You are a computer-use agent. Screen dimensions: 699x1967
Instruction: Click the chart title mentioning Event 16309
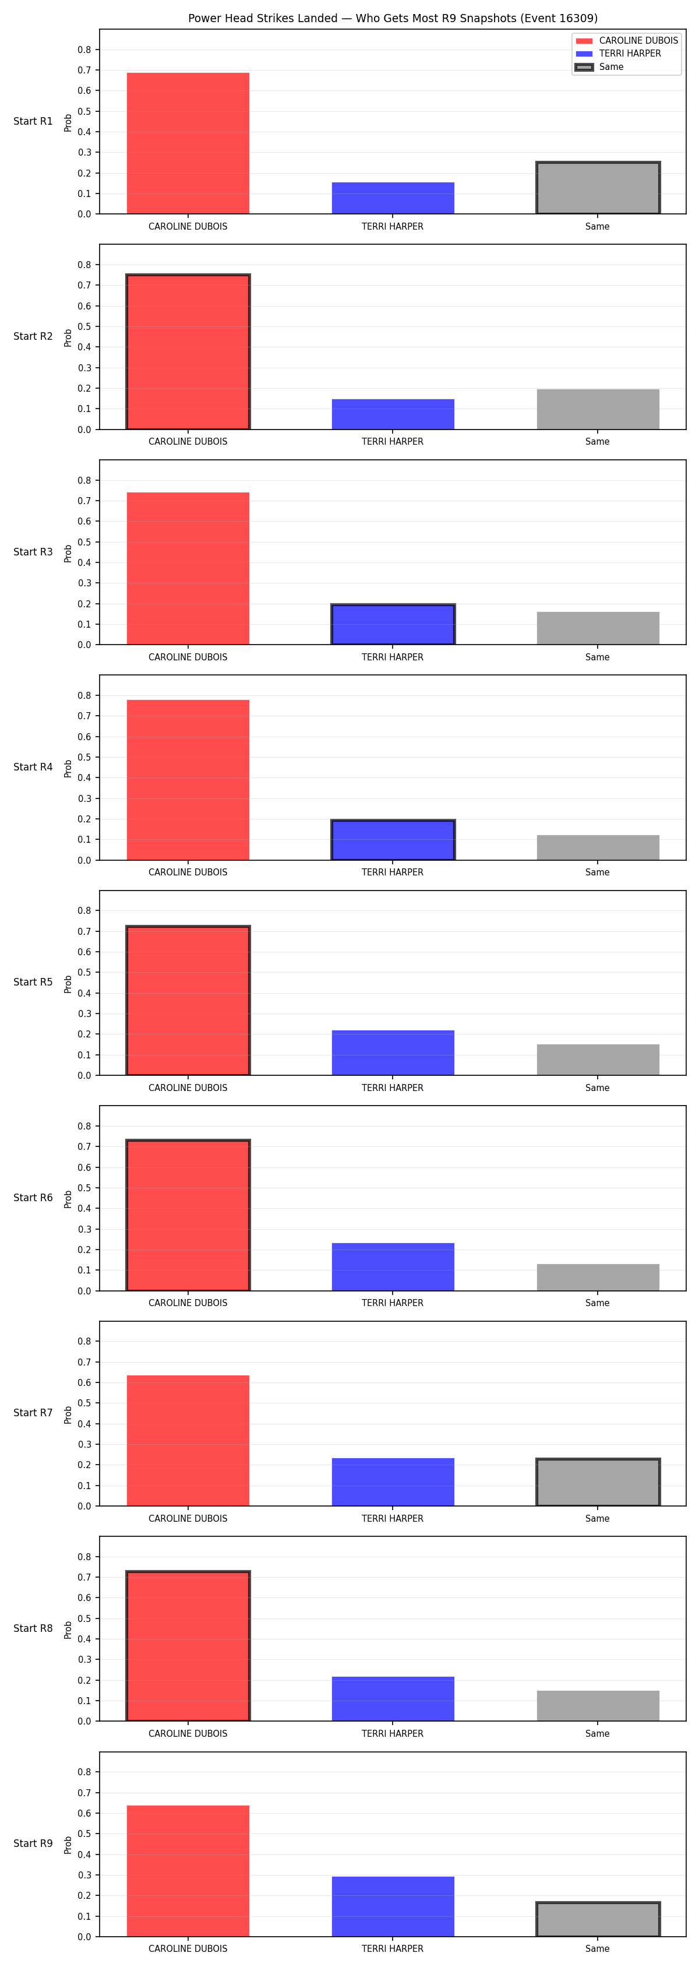click(x=393, y=18)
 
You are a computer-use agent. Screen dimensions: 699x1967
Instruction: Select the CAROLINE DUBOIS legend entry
click(x=627, y=40)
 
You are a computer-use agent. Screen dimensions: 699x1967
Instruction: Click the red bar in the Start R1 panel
click(x=188, y=143)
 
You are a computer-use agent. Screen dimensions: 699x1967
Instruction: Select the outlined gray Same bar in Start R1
click(x=598, y=188)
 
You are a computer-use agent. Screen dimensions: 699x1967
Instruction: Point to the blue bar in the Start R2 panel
click(x=393, y=414)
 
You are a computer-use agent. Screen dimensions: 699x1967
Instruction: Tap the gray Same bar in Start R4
click(x=598, y=847)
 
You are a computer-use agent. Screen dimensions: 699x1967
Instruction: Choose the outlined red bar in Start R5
click(x=188, y=1000)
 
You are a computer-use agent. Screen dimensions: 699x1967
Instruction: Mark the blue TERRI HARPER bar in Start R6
click(x=393, y=1267)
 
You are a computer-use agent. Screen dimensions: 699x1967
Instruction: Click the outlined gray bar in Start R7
click(x=598, y=1482)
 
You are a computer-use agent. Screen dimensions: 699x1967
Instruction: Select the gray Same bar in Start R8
click(x=598, y=1706)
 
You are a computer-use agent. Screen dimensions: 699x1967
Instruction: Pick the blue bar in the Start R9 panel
click(x=393, y=1906)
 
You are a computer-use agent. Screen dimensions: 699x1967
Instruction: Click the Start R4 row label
click(x=33, y=766)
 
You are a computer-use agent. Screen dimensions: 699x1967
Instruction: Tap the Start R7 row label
click(x=33, y=1413)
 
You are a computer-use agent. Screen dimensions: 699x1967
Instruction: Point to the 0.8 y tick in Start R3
click(x=84, y=480)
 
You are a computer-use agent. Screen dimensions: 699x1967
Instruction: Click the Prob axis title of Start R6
click(x=68, y=1199)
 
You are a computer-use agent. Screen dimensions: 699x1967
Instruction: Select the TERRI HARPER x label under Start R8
click(x=392, y=1733)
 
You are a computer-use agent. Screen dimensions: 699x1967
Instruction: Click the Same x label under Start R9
click(x=598, y=1949)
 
